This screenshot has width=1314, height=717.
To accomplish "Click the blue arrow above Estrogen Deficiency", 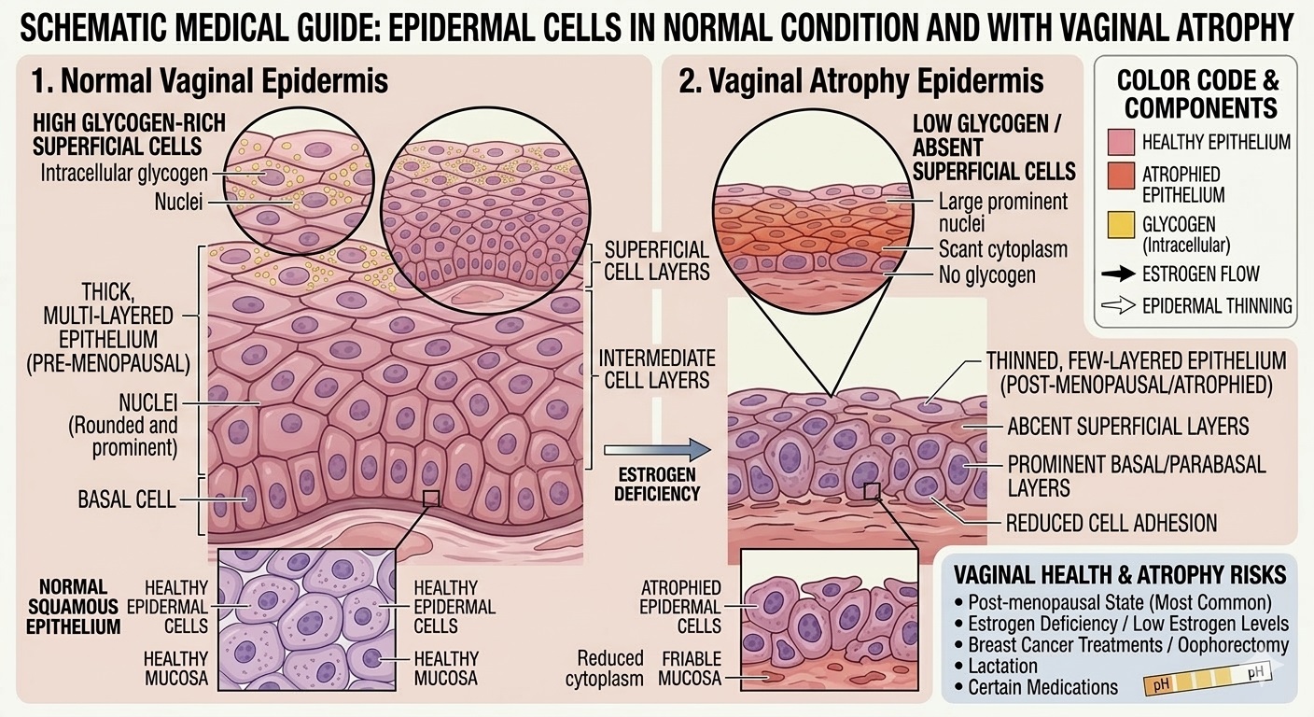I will click(x=657, y=450).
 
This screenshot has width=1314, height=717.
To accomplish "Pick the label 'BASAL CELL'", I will click(x=127, y=499).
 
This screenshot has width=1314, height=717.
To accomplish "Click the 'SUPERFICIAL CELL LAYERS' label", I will click(x=657, y=261).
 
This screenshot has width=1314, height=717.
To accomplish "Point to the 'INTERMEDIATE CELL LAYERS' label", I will click(x=657, y=369).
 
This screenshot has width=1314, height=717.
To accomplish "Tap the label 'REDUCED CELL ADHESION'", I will click(x=1111, y=523).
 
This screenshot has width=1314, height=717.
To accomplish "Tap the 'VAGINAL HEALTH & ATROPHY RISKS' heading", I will click(x=1116, y=573).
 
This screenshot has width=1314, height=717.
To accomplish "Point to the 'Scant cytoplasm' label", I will click(x=1002, y=250).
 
